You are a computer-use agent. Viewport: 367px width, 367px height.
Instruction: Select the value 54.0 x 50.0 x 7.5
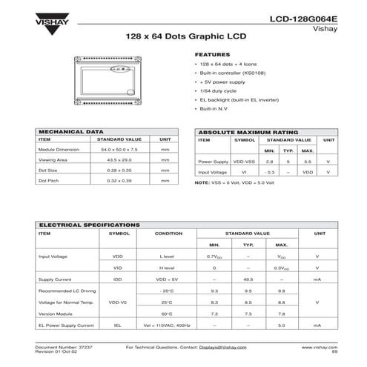[x=119, y=150]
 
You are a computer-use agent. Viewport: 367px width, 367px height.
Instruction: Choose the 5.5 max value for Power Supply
[x=308, y=160]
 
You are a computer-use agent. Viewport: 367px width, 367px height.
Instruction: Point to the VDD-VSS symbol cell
[x=244, y=160]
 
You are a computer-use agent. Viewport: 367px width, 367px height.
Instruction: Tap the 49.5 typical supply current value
[x=248, y=280]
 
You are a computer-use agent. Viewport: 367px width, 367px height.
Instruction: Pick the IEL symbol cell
[x=117, y=325]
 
